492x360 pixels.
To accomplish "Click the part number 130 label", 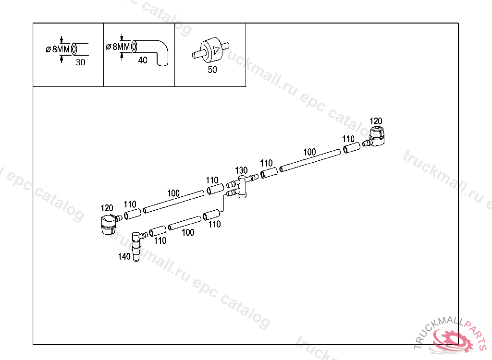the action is tap(241, 170).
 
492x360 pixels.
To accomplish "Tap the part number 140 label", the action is tap(124, 257).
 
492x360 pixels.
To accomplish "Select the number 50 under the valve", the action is tap(212, 70).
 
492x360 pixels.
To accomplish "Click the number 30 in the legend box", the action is tap(80, 62).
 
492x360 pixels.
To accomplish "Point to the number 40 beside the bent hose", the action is tap(143, 60).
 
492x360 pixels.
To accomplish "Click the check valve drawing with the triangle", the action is tap(212, 49).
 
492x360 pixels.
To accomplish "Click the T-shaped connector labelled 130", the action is tap(243, 186).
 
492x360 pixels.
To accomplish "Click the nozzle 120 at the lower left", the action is tap(108, 224).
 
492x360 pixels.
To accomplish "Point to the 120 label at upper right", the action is tap(376, 120).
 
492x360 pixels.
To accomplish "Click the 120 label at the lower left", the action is tap(107, 208).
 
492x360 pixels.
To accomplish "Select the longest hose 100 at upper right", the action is tap(310, 160).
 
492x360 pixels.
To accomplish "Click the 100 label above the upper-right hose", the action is tap(309, 152).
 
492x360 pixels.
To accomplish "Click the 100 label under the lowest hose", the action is tap(188, 232).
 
